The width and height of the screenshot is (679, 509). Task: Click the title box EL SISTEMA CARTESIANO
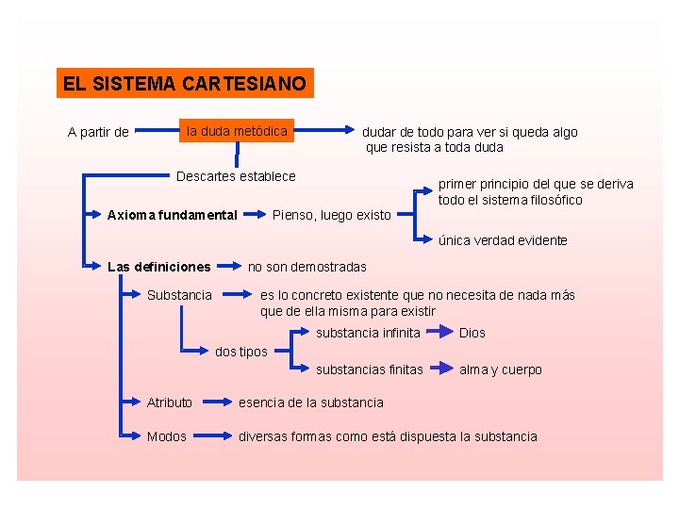click(x=184, y=84)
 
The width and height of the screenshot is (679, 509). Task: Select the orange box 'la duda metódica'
click(x=237, y=131)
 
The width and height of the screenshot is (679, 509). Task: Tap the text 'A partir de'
click(x=98, y=132)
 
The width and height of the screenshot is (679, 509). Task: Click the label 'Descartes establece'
click(x=236, y=176)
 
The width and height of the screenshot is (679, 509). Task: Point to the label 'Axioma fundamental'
click(x=173, y=215)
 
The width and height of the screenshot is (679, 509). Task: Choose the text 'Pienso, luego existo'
click(x=331, y=215)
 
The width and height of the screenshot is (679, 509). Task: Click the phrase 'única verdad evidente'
click(x=503, y=240)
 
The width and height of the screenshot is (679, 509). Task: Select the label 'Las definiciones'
click(x=159, y=267)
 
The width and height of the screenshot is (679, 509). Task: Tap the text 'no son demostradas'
click(x=306, y=267)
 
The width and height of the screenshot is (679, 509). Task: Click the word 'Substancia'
click(x=179, y=295)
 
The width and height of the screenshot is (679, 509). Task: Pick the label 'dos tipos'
click(x=241, y=352)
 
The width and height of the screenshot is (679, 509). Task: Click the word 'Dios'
click(x=472, y=333)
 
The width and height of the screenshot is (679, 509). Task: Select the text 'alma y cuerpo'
click(x=501, y=369)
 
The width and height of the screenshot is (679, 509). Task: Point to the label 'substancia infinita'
click(x=368, y=333)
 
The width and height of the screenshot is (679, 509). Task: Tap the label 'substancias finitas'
click(x=370, y=369)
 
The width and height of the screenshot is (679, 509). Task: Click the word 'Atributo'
click(x=170, y=402)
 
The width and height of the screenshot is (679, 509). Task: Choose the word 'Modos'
click(x=166, y=436)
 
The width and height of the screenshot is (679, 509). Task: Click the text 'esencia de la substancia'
click(x=311, y=402)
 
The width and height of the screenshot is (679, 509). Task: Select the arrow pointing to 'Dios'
click(x=439, y=333)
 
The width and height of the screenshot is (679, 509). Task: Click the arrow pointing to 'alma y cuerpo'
click(x=439, y=369)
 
